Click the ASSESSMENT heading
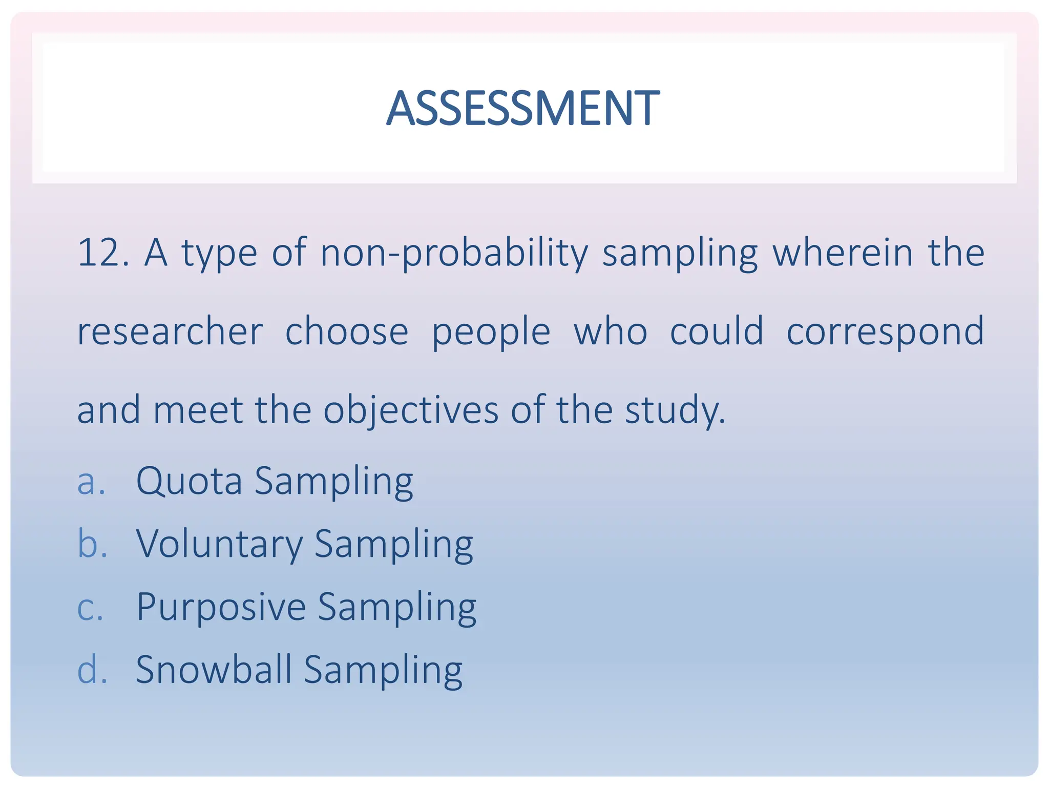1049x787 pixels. tap(523, 108)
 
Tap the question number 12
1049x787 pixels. tap(102, 253)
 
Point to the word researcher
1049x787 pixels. tap(170, 332)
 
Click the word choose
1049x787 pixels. tap(347, 332)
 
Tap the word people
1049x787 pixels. tap(491, 333)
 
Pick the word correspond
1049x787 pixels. tap(885, 333)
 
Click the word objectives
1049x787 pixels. tap(411, 411)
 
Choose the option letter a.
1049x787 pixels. tap(91, 482)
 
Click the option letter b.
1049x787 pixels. tap(92, 544)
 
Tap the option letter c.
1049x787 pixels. tap(90, 608)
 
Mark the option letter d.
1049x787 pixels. tap(92, 670)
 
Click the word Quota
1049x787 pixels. tap(189, 482)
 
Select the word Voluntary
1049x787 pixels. tap(220, 544)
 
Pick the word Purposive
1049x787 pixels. tap(221, 608)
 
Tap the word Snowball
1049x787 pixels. tap(214, 670)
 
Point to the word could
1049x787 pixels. tap(717, 332)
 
